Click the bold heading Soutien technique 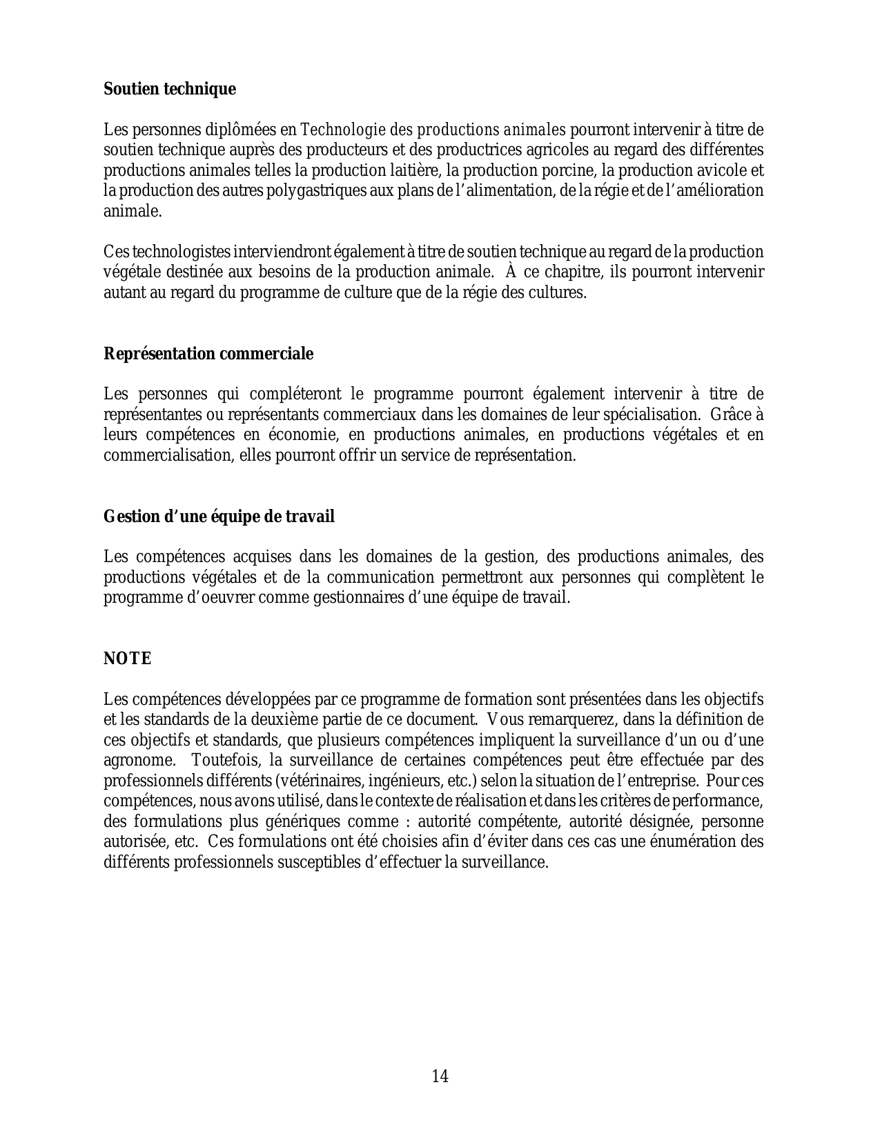pyautogui.click(x=170, y=89)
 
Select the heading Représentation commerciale pyautogui.click(x=208, y=354)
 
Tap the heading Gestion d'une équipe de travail pyautogui.click(x=219, y=517)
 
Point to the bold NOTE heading pyautogui.click(x=127, y=659)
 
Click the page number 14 pyautogui.click(x=440, y=1076)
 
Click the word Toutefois pyautogui.click(x=222, y=760)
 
